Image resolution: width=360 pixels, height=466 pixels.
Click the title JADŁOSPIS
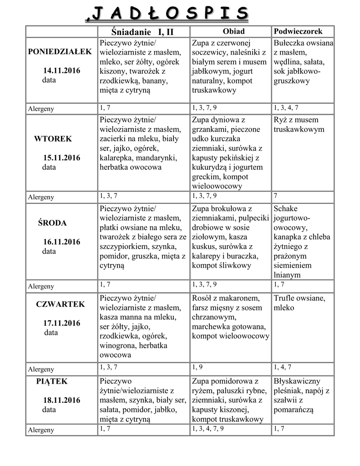coord(167,13)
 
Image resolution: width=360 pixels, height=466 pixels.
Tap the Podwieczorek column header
coord(298,31)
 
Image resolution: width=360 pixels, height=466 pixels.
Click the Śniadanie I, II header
coord(142,32)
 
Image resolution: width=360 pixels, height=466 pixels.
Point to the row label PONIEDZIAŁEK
coord(60,51)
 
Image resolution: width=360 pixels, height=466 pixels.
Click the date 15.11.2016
coord(61,158)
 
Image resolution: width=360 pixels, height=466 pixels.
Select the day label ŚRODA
coord(52,223)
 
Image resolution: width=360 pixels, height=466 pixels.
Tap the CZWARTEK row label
coord(61,304)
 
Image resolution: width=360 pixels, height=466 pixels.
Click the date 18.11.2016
coord(62,400)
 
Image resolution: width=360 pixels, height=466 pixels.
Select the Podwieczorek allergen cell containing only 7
coord(276,196)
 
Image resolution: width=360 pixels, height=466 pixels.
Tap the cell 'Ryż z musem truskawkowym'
coord(296,125)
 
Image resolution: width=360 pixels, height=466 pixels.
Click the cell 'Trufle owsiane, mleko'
coord(299,303)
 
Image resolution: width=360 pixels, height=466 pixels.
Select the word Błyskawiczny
coord(297,381)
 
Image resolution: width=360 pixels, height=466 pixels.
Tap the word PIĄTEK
coord(51,381)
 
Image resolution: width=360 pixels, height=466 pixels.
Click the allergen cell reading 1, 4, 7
coord(283,367)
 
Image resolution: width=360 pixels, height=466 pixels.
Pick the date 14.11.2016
coord(61,71)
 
